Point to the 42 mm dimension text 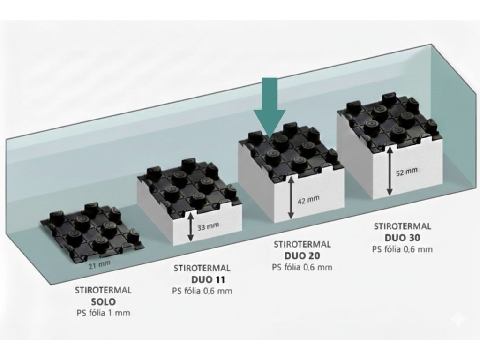pyautogui.click(x=308, y=199)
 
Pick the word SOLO pyautogui.click(x=103, y=301)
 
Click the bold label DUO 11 pyautogui.click(x=202, y=280)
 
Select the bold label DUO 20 pyautogui.click(x=302, y=255)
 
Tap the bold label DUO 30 pyautogui.click(x=402, y=237)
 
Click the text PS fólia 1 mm pyautogui.click(x=103, y=313)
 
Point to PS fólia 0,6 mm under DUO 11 pyautogui.click(x=202, y=291)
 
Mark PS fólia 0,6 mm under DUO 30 pyautogui.click(x=402, y=249)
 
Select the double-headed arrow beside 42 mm pyautogui.click(x=291, y=200)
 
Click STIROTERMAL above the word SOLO pyautogui.click(x=103, y=290)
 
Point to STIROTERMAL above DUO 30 pyautogui.click(x=402, y=226)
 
